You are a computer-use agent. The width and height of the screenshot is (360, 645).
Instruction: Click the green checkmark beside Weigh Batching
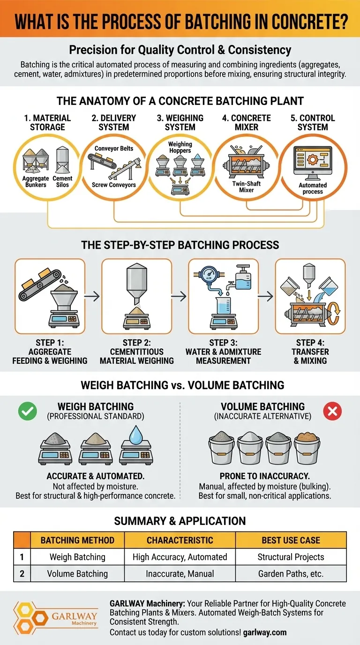pyautogui.click(x=28, y=411)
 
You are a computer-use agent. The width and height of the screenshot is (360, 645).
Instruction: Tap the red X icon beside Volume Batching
pyautogui.click(x=332, y=411)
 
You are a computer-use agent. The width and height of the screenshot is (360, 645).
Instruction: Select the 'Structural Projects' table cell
pyautogui.click(x=291, y=557)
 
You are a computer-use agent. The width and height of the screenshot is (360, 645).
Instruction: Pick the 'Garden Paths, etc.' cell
pyautogui.click(x=291, y=574)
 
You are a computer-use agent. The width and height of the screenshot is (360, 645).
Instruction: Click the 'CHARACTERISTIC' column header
pyautogui.click(x=180, y=540)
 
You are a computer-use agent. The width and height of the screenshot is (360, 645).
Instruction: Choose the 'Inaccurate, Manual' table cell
pyautogui.click(x=180, y=574)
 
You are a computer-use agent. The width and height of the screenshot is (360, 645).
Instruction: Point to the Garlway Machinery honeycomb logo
pyautogui.click(x=31, y=618)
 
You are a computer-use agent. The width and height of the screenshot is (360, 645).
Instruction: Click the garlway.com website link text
pyautogui.click(x=265, y=632)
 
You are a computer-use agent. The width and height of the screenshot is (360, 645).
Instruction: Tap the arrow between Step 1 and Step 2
pyautogui.click(x=92, y=296)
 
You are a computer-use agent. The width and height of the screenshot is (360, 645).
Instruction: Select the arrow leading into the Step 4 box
pyautogui.click(x=265, y=296)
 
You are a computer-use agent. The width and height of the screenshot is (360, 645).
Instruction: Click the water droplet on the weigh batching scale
pyautogui.click(x=136, y=435)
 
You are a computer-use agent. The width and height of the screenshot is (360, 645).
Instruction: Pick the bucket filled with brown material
pyautogui.click(x=307, y=448)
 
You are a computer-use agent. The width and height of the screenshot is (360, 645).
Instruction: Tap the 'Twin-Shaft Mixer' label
pyautogui.click(x=247, y=187)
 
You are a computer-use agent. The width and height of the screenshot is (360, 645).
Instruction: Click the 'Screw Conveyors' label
pyautogui.click(x=114, y=185)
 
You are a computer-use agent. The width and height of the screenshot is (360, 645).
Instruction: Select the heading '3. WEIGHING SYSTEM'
pyautogui.click(x=180, y=122)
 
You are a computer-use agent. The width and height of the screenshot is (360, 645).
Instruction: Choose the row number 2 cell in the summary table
pyautogui.click(x=22, y=574)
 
